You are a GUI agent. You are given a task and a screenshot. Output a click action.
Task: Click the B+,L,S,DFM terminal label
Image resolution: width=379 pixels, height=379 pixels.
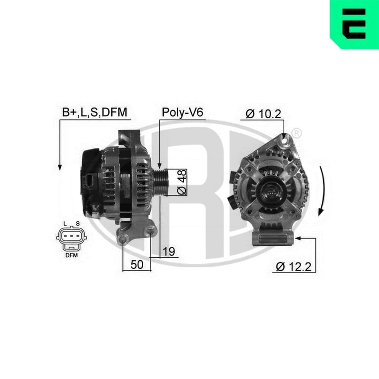(x=94, y=113)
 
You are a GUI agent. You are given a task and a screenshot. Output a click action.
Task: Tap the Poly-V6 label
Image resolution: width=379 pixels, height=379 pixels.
(x=182, y=113)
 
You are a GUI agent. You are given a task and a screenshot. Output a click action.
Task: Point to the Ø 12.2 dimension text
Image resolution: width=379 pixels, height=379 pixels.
(x=293, y=266)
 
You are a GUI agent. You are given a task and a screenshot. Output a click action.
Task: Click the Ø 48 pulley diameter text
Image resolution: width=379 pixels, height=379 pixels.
(x=182, y=182)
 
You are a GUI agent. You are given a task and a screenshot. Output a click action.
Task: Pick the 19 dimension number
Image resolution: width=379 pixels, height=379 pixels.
(x=169, y=252)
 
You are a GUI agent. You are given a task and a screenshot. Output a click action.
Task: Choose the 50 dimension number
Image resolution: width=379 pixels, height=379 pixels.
(x=137, y=265)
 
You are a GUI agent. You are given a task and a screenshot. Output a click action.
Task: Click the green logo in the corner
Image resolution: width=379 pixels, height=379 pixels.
(x=354, y=24)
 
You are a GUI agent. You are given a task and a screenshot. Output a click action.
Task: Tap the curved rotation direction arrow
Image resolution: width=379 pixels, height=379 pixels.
(x=322, y=191)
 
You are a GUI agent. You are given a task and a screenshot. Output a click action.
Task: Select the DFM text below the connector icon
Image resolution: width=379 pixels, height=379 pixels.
(x=71, y=255)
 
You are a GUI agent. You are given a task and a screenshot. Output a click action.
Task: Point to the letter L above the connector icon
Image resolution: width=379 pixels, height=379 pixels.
(x=65, y=223)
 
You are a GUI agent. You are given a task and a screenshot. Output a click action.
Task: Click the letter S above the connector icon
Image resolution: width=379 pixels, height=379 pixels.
(x=77, y=223)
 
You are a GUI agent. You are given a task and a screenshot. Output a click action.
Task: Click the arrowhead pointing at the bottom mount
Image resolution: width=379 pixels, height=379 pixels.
(x=298, y=238)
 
